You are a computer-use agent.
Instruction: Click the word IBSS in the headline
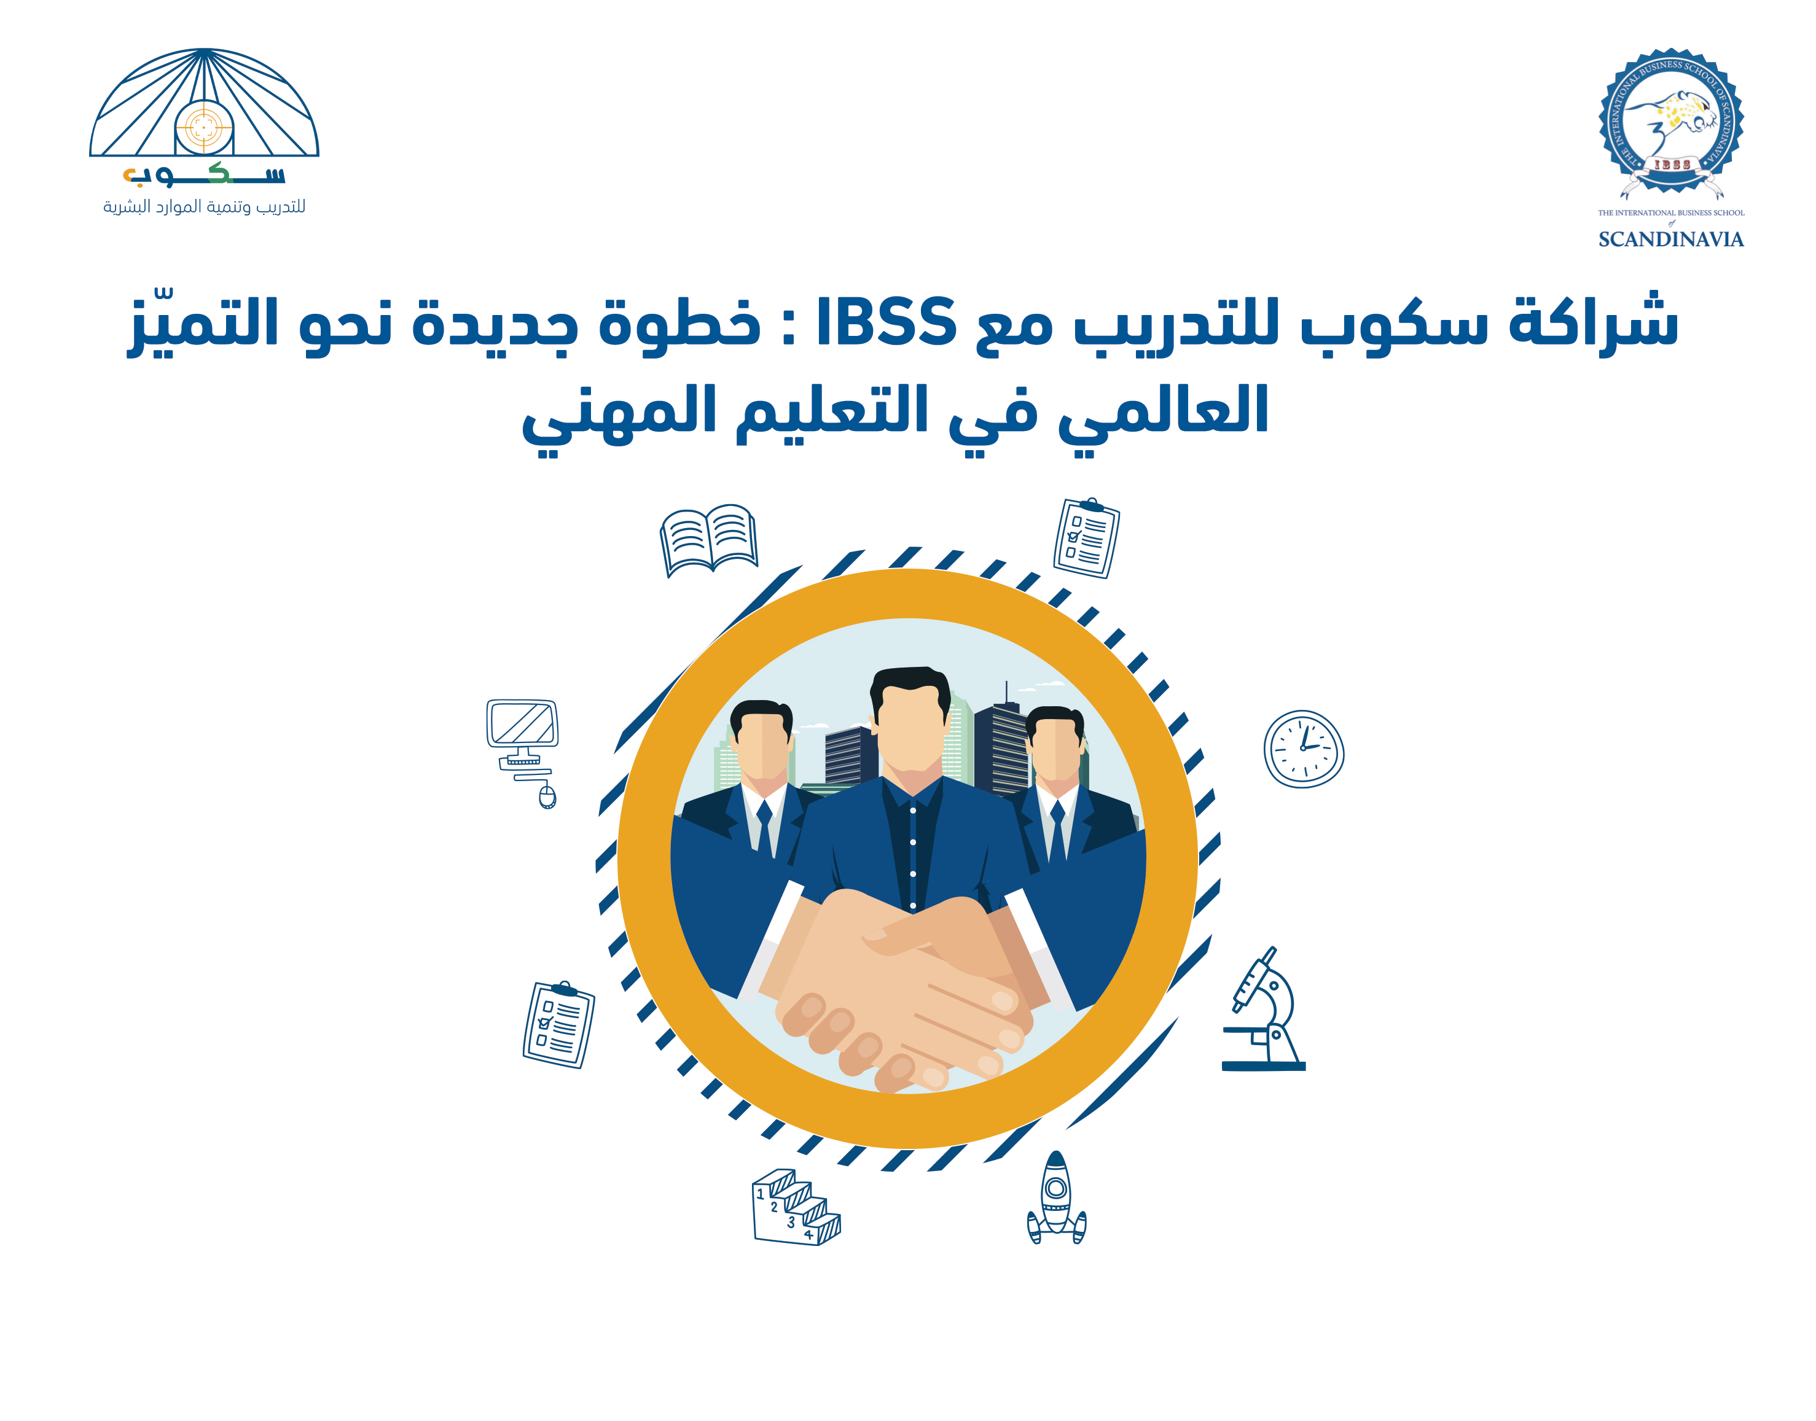point(886,321)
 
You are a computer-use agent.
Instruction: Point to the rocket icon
point(1056,1197)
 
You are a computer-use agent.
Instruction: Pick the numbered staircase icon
point(796,1207)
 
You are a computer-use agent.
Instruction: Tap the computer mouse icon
point(547,797)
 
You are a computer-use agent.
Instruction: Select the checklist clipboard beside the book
point(1086,539)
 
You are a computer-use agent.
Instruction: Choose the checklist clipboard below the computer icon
point(558,1024)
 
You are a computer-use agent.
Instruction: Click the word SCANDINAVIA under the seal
point(1670,239)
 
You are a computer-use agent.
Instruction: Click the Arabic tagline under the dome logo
point(204,206)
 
